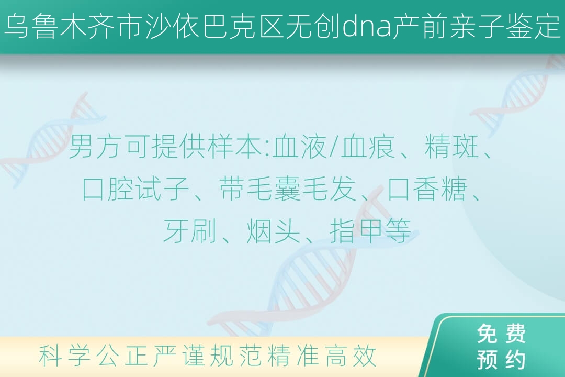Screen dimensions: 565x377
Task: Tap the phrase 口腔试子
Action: pos(135,188)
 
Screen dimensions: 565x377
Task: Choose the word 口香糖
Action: pos(427,188)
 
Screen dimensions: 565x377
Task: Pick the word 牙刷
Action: pos(189,230)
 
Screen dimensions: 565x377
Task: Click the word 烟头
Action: pos(273,230)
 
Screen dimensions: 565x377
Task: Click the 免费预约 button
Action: pos(501,346)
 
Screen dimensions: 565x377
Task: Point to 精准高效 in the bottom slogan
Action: pos(322,356)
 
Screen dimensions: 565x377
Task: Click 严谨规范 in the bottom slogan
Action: pos(208,356)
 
